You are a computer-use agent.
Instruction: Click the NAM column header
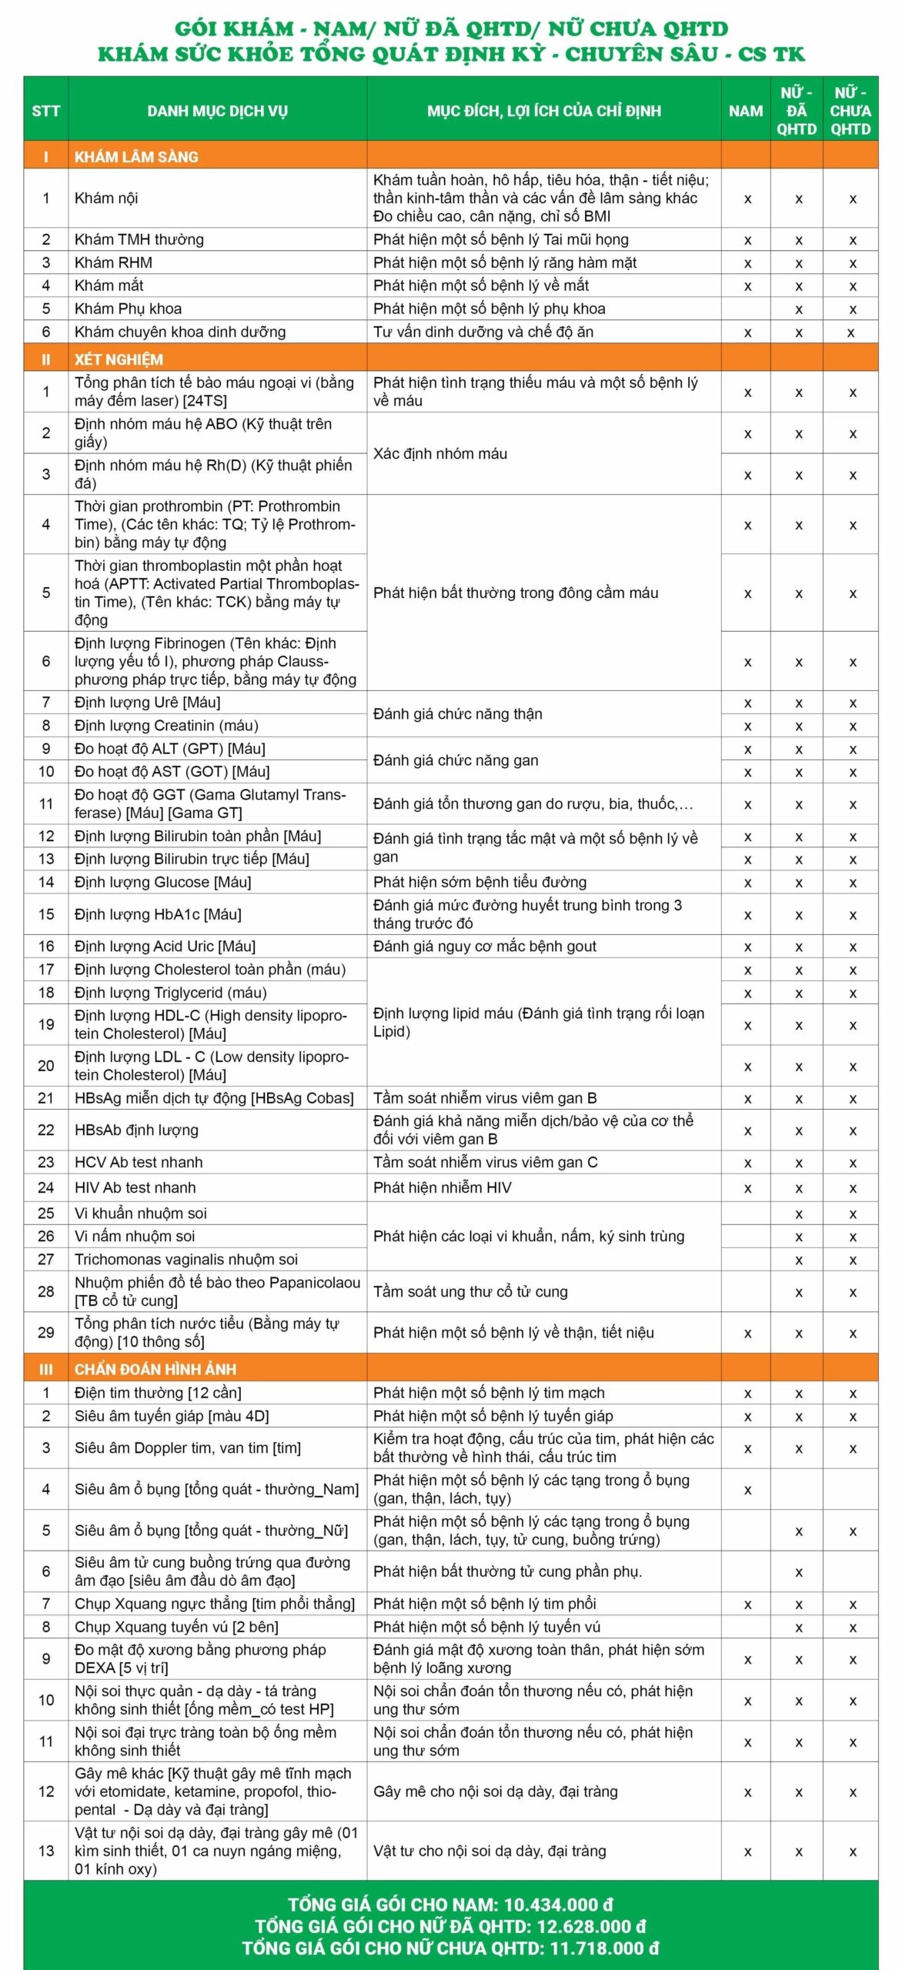pos(745,111)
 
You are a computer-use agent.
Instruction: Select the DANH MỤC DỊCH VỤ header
pos(217,111)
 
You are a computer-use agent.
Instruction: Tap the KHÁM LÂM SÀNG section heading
pos(136,157)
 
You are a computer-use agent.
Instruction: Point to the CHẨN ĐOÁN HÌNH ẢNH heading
pos(155,1369)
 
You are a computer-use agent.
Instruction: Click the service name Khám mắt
pos(109,285)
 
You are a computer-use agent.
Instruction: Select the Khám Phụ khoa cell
pos(128,309)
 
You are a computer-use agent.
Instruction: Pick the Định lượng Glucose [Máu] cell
pos(162,882)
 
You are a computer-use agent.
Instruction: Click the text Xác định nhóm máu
pos(440,453)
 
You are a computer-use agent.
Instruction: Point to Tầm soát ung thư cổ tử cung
pos(470,1291)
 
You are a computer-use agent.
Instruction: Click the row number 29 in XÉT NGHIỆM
pos(46,1332)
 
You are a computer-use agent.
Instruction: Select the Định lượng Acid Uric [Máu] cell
pos(165,946)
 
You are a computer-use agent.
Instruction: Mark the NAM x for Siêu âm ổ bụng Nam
pos(747,1490)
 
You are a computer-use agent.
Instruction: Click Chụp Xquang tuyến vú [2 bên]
pos(176,1626)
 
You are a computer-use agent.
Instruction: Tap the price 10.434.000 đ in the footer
pos(558,1905)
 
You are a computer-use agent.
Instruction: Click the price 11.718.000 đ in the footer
pos(604,1948)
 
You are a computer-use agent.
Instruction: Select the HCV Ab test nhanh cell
pos(139,1162)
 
